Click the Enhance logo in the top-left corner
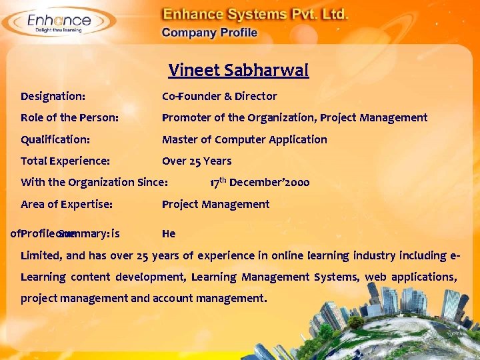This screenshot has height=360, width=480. coord(59,22)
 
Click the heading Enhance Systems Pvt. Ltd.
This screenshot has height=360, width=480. coord(255,14)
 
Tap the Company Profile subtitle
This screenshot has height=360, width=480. coord(209,33)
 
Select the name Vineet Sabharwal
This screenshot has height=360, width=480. coord(239,70)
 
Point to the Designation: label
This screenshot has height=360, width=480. coord(53,96)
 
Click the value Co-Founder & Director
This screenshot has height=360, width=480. coord(219,96)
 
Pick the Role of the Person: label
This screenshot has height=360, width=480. coord(70,117)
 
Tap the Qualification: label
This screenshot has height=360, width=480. coord(55,139)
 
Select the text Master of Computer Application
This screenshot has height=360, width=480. coord(245,139)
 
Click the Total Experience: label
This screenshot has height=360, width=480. coord(65,161)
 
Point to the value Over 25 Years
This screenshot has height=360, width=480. coord(197,161)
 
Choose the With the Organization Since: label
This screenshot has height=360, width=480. coord(94,182)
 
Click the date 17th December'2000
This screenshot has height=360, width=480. coord(259,182)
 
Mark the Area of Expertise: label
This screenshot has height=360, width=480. coord(67,204)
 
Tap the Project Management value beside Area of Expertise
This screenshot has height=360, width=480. coord(215,204)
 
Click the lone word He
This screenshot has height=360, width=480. coord(169,233)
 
